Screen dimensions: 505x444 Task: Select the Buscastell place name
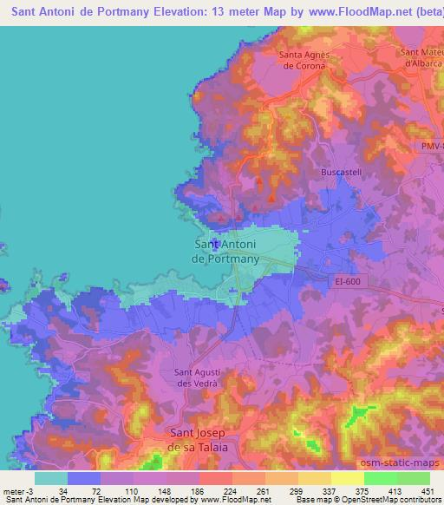[340, 173]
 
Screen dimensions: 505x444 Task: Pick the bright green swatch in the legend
[380, 478]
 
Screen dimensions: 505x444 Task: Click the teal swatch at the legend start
[51, 478]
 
